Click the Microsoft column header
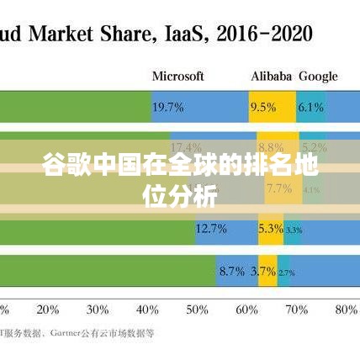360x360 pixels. [177, 76]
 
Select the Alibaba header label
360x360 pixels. [271, 76]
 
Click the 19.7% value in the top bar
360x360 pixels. [168, 107]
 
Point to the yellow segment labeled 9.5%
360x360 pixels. [263, 107]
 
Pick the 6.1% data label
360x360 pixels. [310, 107]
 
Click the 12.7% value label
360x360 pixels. [211, 229]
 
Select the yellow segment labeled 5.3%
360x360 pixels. [271, 229]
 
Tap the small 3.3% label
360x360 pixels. [294, 230]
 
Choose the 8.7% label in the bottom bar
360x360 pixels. [231, 271]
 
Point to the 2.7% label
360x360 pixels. [286, 272]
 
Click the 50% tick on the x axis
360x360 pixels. [197, 309]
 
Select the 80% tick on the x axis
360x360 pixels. [346, 309]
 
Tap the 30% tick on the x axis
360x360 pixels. [98, 309]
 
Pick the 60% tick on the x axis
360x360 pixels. [246, 309]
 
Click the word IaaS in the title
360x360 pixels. [186, 34]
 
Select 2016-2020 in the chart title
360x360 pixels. [264, 34]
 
